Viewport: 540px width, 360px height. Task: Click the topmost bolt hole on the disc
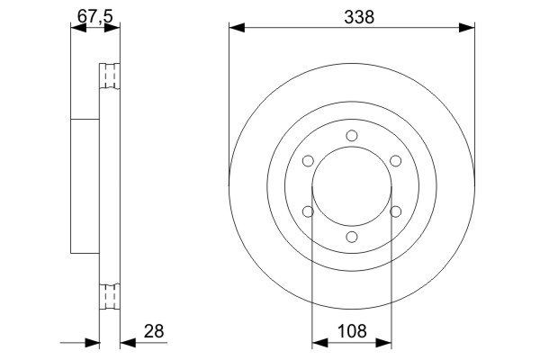(x=351, y=136)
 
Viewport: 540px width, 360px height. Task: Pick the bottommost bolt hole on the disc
(x=351, y=237)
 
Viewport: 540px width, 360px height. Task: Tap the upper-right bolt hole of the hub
(x=394, y=161)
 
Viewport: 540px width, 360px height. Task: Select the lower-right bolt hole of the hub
(x=394, y=211)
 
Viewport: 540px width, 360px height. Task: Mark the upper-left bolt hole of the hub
(x=308, y=161)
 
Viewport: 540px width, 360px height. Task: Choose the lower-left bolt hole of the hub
(x=308, y=211)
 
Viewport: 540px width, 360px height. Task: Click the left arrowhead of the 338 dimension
(x=237, y=28)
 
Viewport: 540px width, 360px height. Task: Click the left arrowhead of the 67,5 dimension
(x=77, y=28)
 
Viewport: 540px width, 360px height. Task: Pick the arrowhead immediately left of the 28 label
(x=127, y=343)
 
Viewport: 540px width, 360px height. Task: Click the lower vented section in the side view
(x=109, y=295)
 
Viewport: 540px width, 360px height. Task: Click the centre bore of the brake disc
(x=351, y=186)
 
